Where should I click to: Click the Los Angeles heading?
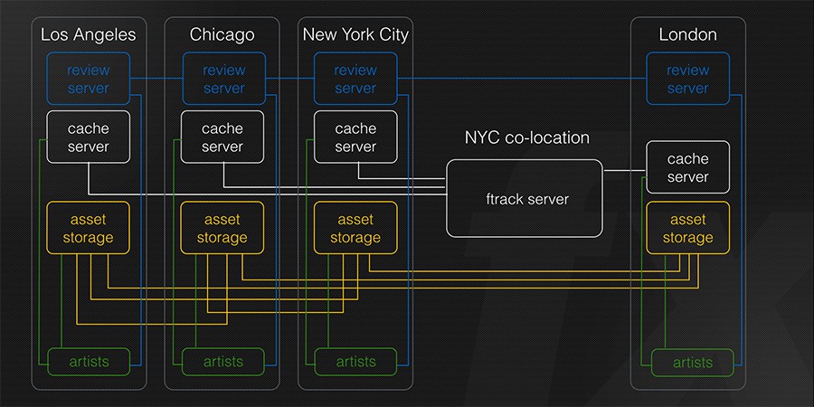click(89, 34)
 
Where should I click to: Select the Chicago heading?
click(222, 34)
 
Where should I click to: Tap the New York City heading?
click(355, 34)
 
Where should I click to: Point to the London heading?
click(688, 34)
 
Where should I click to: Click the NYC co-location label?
click(527, 137)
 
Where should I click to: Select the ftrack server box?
click(525, 198)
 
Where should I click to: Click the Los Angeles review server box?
click(89, 79)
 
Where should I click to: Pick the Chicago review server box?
click(223, 79)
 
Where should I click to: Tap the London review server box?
click(688, 79)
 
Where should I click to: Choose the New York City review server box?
click(355, 79)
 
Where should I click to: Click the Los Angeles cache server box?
click(89, 137)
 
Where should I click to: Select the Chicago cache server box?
click(222, 137)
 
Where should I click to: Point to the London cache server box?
click(688, 167)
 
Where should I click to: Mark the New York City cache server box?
click(355, 137)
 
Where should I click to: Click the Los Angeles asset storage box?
click(89, 228)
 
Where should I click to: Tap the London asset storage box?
click(688, 228)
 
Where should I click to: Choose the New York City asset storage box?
click(355, 228)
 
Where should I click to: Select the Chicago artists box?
click(222, 362)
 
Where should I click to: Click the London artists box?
click(693, 363)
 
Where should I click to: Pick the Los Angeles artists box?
click(90, 362)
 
